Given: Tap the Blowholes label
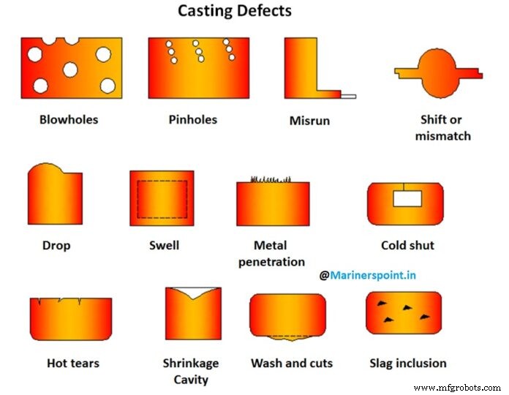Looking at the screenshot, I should [69, 119].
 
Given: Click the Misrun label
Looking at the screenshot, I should [309, 120].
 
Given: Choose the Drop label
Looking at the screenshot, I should [56, 246].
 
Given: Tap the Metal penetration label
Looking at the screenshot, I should [271, 253].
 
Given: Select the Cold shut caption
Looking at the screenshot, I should [407, 246].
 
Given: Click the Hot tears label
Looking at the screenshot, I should [73, 363].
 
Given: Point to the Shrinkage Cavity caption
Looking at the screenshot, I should [192, 371].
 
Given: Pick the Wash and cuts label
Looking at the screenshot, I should [292, 363].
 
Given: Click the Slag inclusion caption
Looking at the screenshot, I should [408, 363].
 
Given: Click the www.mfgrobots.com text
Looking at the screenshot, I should [457, 388].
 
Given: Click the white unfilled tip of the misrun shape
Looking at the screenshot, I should [348, 96].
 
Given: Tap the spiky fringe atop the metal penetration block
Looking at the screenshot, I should [271, 179].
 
